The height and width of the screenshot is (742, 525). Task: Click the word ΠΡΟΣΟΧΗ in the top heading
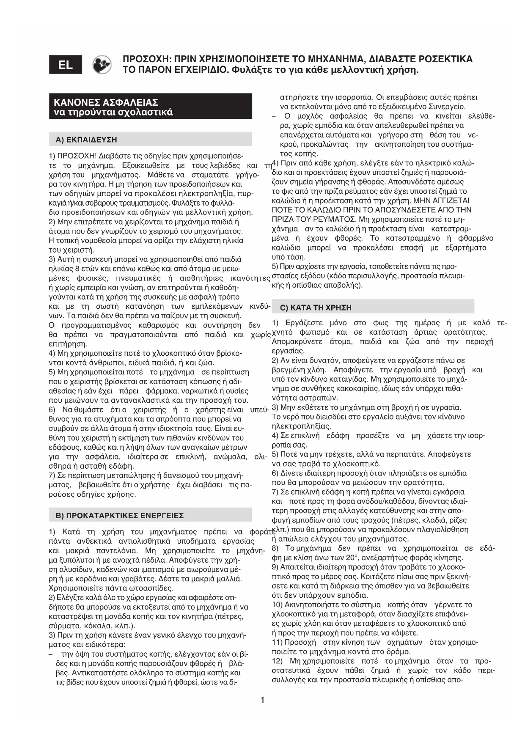pyautogui.click(x=146, y=59)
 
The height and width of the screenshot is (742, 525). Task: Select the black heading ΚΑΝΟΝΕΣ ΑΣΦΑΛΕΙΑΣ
pyautogui.click(x=106, y=102)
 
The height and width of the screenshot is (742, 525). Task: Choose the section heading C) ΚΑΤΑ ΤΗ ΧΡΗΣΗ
pyautogui.click(x=315, y=308)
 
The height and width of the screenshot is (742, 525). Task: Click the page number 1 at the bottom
pyautogui.click(x=262, y=700)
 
